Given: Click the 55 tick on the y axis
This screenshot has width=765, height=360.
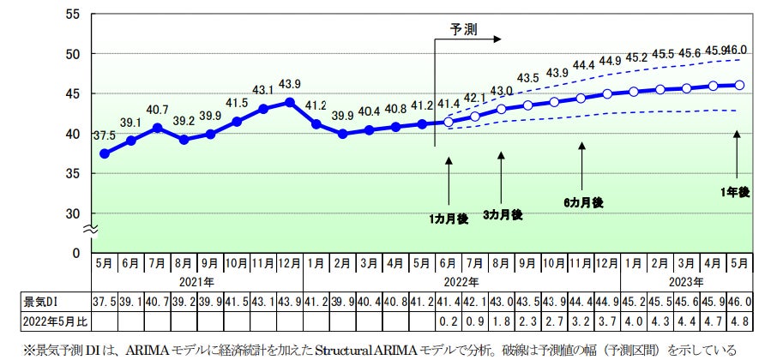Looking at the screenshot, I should click(73, 15).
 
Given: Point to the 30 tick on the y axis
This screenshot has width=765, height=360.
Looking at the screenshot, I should click(73, 213).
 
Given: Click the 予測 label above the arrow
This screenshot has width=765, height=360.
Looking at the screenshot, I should click(464, 28).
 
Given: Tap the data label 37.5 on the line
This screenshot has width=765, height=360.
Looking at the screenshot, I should click(105, 135).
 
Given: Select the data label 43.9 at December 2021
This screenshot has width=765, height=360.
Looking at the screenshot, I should click(290, 83).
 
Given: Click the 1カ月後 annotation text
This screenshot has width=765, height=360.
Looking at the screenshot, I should click(449, 219).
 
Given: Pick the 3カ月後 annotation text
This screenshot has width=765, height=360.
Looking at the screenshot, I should click(502, 214).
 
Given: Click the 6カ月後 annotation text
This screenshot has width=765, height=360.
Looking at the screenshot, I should click(583, 202).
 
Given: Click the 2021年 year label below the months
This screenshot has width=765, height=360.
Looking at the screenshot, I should click(196, 281).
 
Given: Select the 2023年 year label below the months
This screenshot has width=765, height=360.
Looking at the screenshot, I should click(686, 281).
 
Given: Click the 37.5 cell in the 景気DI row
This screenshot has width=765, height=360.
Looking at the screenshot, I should click(105, 302).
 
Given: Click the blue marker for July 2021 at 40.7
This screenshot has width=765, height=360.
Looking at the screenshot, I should click(158, 128).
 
